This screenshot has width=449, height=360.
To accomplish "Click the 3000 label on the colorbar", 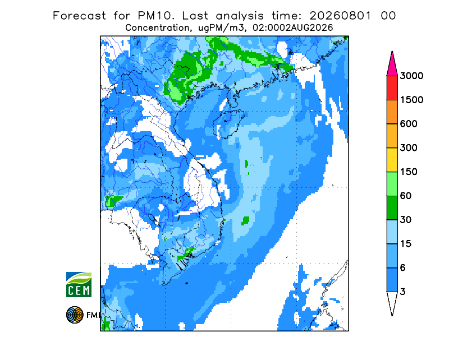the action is [411, 76].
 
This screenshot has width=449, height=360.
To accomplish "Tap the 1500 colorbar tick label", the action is [411, 100].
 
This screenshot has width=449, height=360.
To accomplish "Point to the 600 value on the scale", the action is [409, 124].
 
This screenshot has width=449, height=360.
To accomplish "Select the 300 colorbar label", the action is [409, 147].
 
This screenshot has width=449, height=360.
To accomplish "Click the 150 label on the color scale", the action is [409, 172].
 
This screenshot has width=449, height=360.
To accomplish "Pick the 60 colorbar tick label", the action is [406, 196].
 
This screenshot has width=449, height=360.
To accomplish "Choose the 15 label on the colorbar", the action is [406, 244].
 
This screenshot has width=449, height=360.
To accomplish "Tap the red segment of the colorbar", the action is [392, 88].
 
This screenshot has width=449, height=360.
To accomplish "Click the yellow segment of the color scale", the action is [392, 160].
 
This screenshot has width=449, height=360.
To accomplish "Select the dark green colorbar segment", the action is [392, 208].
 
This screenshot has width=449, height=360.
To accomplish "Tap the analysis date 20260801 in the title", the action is [341, 16].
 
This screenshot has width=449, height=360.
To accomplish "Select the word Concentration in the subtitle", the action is [157, 28].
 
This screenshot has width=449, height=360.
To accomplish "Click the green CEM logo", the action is [79, 284].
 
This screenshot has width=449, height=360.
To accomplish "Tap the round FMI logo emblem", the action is [75, 315].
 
